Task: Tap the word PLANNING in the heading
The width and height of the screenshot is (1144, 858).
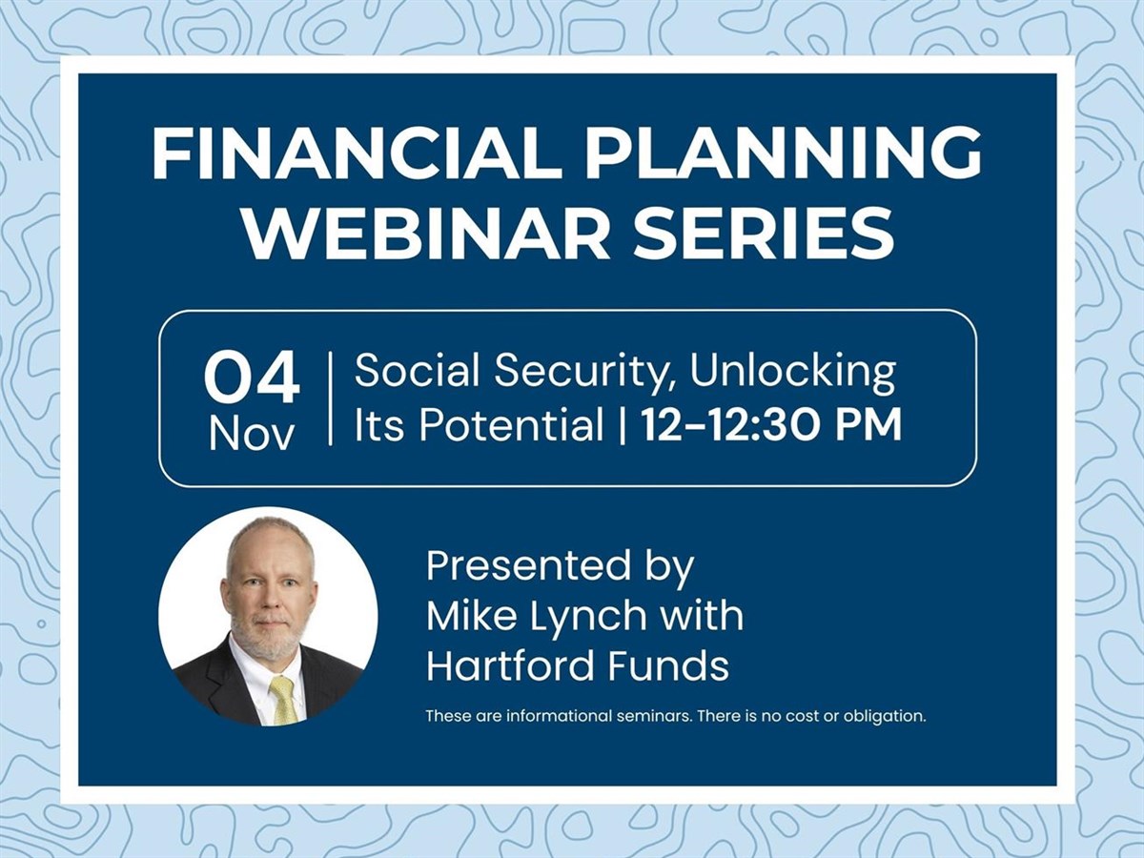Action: click(x=784, y=154)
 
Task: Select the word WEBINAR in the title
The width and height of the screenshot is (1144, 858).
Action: click(x=418, y=234)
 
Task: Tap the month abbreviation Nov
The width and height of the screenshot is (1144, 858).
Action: click(x=252, y=435)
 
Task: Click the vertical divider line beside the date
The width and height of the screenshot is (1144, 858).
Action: click(x=331, y=398)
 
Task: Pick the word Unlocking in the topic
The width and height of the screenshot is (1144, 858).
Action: click(x=793, y=373)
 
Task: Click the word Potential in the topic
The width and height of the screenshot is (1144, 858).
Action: click(x=511, y=425)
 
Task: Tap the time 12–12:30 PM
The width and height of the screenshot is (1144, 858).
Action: click(x=771, y=425)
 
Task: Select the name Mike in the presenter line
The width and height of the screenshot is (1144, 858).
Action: click(x=473, y=616)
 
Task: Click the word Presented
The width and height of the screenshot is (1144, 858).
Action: click(x=528, y=566)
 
